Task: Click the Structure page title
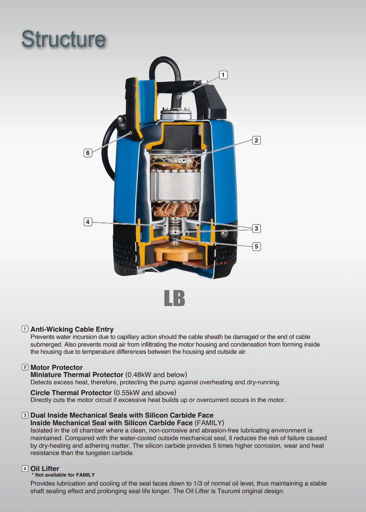[64, 39]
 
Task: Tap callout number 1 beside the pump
[223, 75]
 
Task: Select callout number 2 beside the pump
[256, 140]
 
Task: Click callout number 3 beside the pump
[256, 228]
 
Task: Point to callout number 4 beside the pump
[87, 222]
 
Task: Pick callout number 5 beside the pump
[256, 246]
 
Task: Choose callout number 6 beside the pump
[87, 153]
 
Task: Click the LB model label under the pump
[174, 298]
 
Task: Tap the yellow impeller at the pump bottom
[177, 251]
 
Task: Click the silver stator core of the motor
[176, 185]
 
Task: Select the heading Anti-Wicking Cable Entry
[72, 329]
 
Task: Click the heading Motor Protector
[57, 368]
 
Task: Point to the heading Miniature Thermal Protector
[77, 374]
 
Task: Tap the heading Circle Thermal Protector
[71, 393]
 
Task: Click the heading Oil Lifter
[45, 469]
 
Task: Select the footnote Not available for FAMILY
[63, 475]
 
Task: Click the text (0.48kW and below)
[156, 374]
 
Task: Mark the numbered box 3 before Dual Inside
[25, 416]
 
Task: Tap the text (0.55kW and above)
[145, 393]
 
